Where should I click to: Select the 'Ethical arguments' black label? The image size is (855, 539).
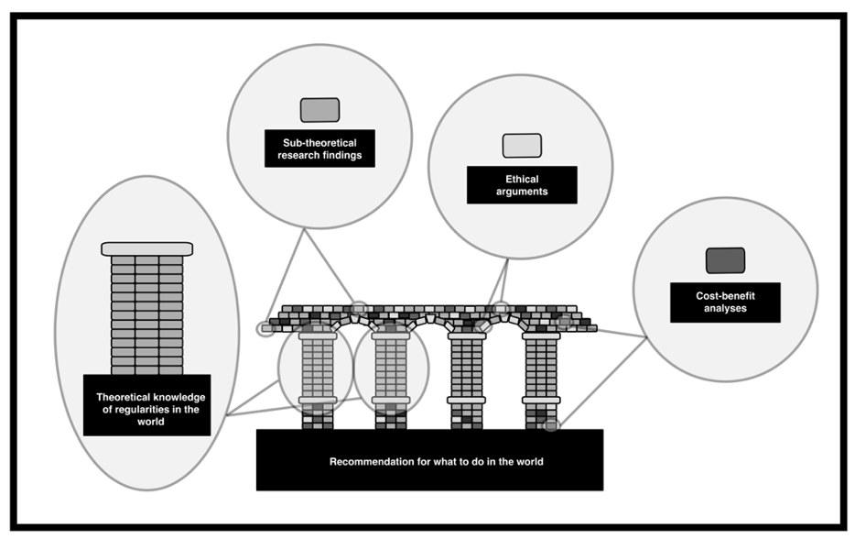coord(522,185)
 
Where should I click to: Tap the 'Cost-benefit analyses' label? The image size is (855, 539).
coord(725,302)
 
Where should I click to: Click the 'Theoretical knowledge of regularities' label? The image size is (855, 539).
coord(146,404)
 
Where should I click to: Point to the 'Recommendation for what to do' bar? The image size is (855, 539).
coord(430,460)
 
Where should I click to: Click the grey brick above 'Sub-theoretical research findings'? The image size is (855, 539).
coord(319,110)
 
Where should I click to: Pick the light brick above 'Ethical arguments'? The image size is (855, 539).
coord(522,146)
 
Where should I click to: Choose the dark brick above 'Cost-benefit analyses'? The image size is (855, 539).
coord(725,261)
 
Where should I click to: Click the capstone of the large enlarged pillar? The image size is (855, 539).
coord(146,248)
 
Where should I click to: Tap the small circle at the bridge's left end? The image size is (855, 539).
coord(265,329)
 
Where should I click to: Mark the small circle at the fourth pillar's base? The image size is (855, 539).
coord(550,424)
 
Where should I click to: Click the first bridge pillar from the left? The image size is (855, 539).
coord(317,378)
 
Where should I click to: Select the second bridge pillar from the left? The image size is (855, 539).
coord(391,378)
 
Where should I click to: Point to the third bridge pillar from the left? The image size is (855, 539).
coord(466,378)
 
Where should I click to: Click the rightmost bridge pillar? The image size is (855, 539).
coord(541,378)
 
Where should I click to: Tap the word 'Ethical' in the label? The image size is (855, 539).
coord(522,179)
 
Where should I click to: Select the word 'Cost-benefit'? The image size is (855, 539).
coord(724,296)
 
